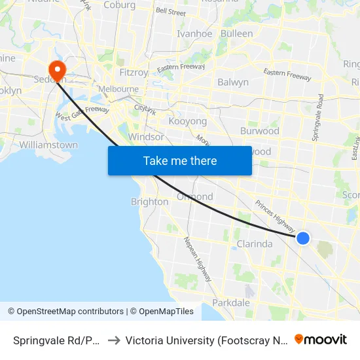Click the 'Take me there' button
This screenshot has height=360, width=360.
tap(180, 160)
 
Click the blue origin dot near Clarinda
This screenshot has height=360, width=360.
tap(303, 238)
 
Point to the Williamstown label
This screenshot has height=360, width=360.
tap(48, 145)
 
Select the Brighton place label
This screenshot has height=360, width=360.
tap(149, 202)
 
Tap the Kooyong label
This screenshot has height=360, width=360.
tap(187, 122)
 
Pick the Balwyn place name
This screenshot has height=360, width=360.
tap(232, 82)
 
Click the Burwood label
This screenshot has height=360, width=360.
tap(259, 131)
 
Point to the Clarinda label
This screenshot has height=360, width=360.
tap(254, 244)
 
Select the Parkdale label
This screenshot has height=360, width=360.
tap(231, 302)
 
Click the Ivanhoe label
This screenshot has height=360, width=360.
tap(194, 34)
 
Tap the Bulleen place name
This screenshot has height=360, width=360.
tap(236, 33)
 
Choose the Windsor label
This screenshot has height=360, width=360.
tap(147, 137)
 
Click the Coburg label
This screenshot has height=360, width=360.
tap(120, 5)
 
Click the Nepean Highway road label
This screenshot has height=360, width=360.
tap(198, 259)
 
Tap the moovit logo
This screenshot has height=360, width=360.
tap(321, 340)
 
